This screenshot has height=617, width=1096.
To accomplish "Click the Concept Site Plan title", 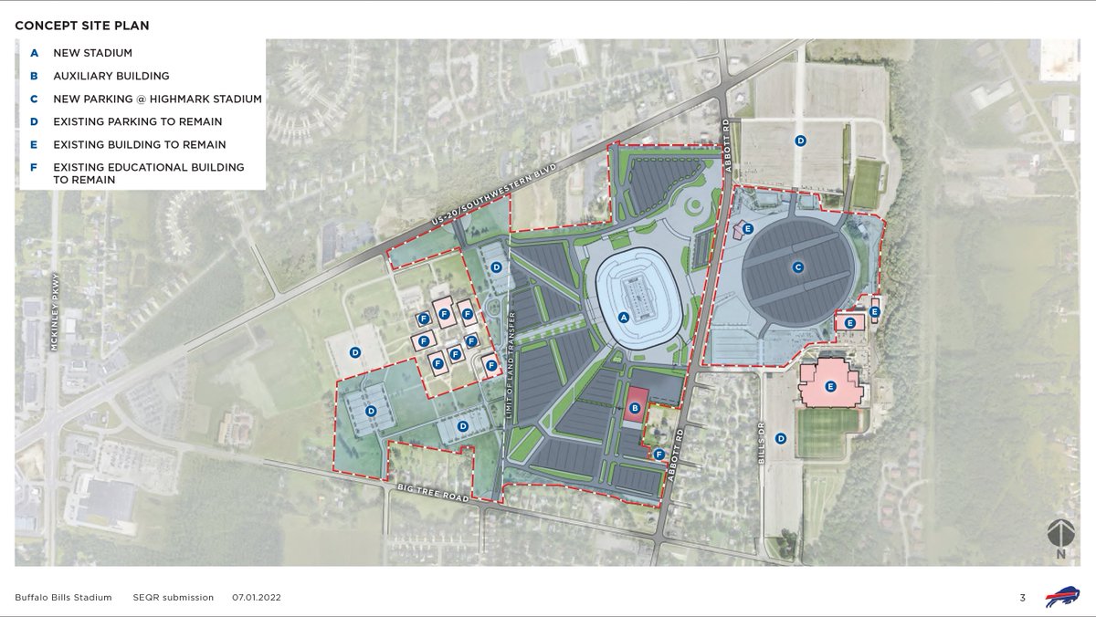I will coord(82,26).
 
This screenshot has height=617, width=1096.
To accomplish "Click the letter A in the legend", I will coord(34,53).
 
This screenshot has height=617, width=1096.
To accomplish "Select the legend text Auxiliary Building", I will coord(111,76).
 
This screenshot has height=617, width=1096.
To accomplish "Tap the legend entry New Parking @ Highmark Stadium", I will coord(157,99).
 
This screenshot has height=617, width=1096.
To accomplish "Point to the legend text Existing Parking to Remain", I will coord(137,121).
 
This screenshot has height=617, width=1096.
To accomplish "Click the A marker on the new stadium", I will coord(624,318).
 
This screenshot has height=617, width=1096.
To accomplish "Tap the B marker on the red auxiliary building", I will coord(635,406).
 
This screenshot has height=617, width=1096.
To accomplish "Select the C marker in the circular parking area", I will coord(798,267).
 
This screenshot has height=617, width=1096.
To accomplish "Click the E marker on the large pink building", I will coord(830,387).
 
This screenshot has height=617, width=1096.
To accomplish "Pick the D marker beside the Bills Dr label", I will coord(781,438).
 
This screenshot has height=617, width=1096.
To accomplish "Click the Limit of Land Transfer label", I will coord(511,365).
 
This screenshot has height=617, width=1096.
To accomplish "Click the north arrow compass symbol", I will coord(1060,536).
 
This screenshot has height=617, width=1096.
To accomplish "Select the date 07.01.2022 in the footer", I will coord(256,598).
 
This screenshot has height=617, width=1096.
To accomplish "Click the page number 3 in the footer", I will coord(1023,598).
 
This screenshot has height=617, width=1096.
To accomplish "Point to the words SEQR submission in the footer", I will coord(173,598).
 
